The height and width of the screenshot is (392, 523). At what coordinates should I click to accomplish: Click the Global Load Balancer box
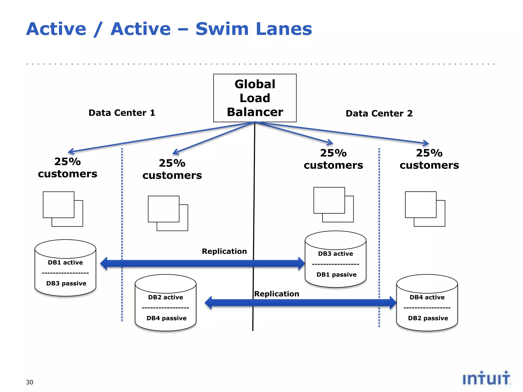(255, 98)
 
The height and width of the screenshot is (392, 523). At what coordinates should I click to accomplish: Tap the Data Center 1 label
(122, 113)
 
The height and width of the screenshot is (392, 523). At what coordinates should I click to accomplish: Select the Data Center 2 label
(379, 113)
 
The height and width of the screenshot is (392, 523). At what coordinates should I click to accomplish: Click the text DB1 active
(65, 262)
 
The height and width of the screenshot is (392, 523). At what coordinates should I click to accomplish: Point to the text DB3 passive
(66, 283)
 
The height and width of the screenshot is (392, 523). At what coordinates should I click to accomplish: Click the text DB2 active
(165, 297)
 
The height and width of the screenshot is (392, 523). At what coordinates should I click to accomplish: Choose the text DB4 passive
(167, 318)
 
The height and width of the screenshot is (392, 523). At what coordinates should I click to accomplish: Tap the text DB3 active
(336, 254)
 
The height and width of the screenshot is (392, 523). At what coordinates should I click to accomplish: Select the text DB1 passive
(336, 275)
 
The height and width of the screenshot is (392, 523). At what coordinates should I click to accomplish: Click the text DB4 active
(427, 297)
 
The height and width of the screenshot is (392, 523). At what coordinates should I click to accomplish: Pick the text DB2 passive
(428, 318)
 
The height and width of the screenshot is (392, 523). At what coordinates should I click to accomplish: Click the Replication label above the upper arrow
(224, 251)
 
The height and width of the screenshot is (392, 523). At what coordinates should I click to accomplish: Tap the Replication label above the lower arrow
(277, 294)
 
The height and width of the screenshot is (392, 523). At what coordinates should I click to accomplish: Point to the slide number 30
(30, 382)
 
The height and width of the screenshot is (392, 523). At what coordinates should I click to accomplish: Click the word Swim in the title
(222, 29)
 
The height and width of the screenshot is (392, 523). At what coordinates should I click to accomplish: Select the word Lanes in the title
(284, 29)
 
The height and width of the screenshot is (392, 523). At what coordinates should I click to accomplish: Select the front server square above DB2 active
(163, 209)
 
